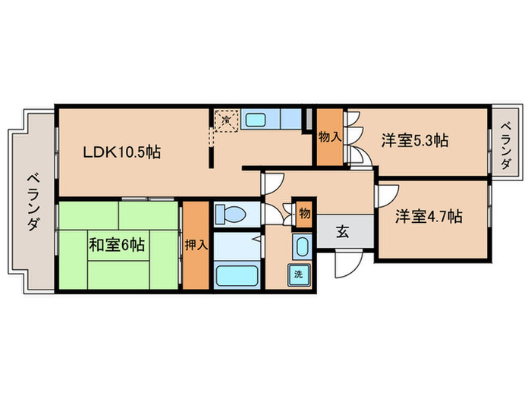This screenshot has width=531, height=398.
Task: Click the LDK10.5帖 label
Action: pyautogui.click(x=121, y=152)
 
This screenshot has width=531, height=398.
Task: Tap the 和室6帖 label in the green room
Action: pyautogui.click(x=118, y=245)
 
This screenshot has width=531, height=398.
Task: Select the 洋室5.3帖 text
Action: pyautogui.click(x=414, y=140)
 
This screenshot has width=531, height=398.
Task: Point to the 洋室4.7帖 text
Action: pyautogui.click(x=429, y=217)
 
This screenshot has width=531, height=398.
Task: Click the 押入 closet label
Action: pyautogui.click(x=195, y=245)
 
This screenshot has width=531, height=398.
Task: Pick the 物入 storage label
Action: pyautogui.click(x=328, y=138)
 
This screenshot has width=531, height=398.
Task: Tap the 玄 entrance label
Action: pyautogui.click(x=342, y=232)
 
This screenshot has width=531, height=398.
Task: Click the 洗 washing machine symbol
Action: pyautogui.click(x=298, y=274)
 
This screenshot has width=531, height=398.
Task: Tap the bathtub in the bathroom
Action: pyautogui.click(x=235, y=274)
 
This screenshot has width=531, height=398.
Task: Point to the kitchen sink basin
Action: pyautogui.click(x=256, y=119)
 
